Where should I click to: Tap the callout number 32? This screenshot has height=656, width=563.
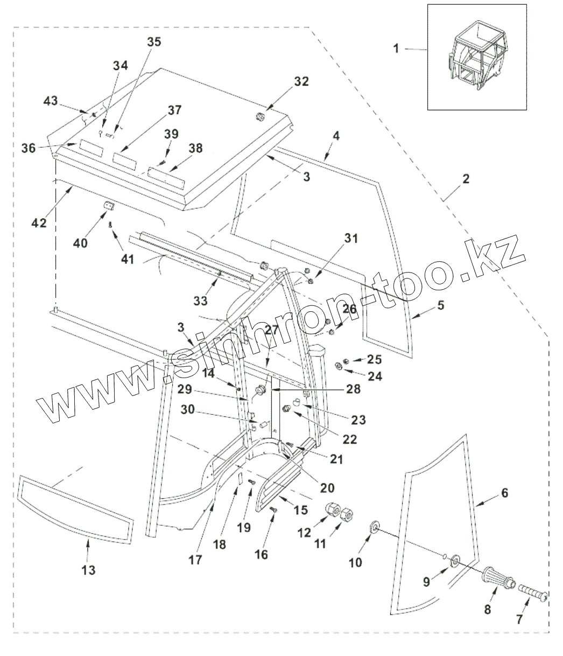point(301,82)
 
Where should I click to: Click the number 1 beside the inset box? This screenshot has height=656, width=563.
point(396,49)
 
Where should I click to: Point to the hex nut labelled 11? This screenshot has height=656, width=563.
point(348,515)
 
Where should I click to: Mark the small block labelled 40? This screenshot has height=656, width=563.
point(110,207)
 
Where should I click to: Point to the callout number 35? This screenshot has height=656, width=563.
point(154,43)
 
